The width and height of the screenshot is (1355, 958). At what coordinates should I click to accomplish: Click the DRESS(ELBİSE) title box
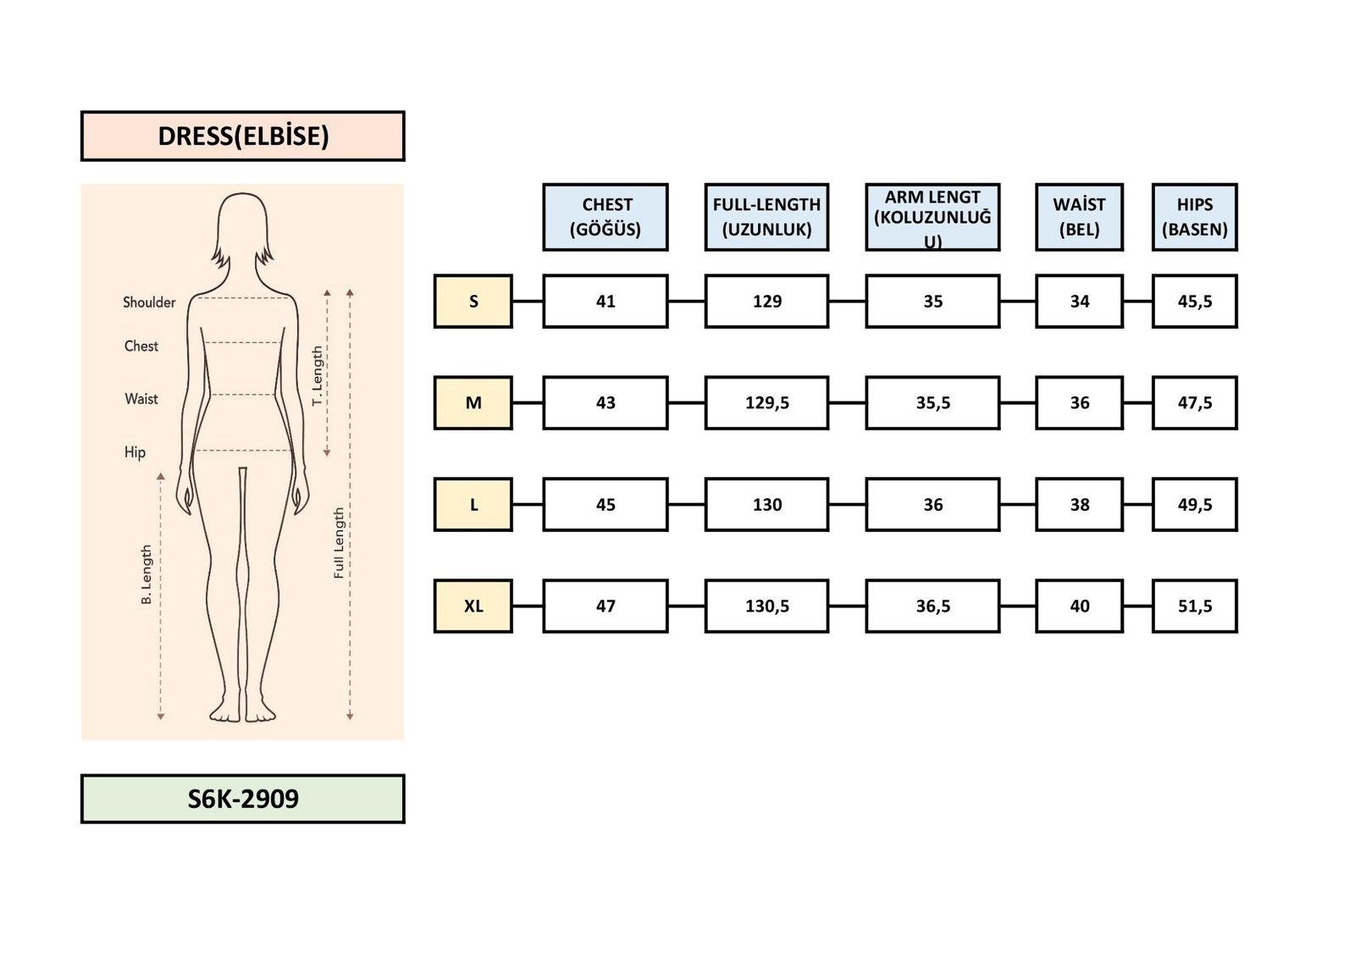(242, 136)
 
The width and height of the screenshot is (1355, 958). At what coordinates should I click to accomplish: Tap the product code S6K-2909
(242, 799)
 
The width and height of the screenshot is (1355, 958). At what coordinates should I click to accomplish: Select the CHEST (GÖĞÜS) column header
(606, 217)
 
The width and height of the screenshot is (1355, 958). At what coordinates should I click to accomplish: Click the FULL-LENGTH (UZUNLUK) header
(766, 217)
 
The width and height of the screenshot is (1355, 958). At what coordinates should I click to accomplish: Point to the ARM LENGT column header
(932, 217)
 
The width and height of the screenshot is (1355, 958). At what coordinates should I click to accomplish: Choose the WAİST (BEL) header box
(1080, 217)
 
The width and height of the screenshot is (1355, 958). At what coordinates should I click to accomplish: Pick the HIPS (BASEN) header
(1195, 217)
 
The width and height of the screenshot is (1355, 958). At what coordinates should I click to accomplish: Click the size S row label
(473, 302)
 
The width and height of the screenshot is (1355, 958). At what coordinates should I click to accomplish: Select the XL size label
(473, 606)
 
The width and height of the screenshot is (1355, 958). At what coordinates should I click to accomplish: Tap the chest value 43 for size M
(606, 403)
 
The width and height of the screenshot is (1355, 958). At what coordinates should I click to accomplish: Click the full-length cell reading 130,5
(766, 606)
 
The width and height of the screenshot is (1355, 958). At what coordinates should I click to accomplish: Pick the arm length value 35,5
(932, 403)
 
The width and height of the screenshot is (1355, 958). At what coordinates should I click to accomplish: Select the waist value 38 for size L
(1080, 505)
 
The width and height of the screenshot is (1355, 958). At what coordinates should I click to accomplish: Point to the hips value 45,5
(1195, 302)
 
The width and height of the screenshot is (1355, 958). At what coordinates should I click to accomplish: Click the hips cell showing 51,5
(1195, 606)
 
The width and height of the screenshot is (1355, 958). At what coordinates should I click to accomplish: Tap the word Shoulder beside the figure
(149, 302)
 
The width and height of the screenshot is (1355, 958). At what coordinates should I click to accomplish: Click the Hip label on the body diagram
(135, 452)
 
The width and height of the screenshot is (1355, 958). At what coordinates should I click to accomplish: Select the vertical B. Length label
(147, 574)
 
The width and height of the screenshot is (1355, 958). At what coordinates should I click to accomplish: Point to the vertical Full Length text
(339, 543)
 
